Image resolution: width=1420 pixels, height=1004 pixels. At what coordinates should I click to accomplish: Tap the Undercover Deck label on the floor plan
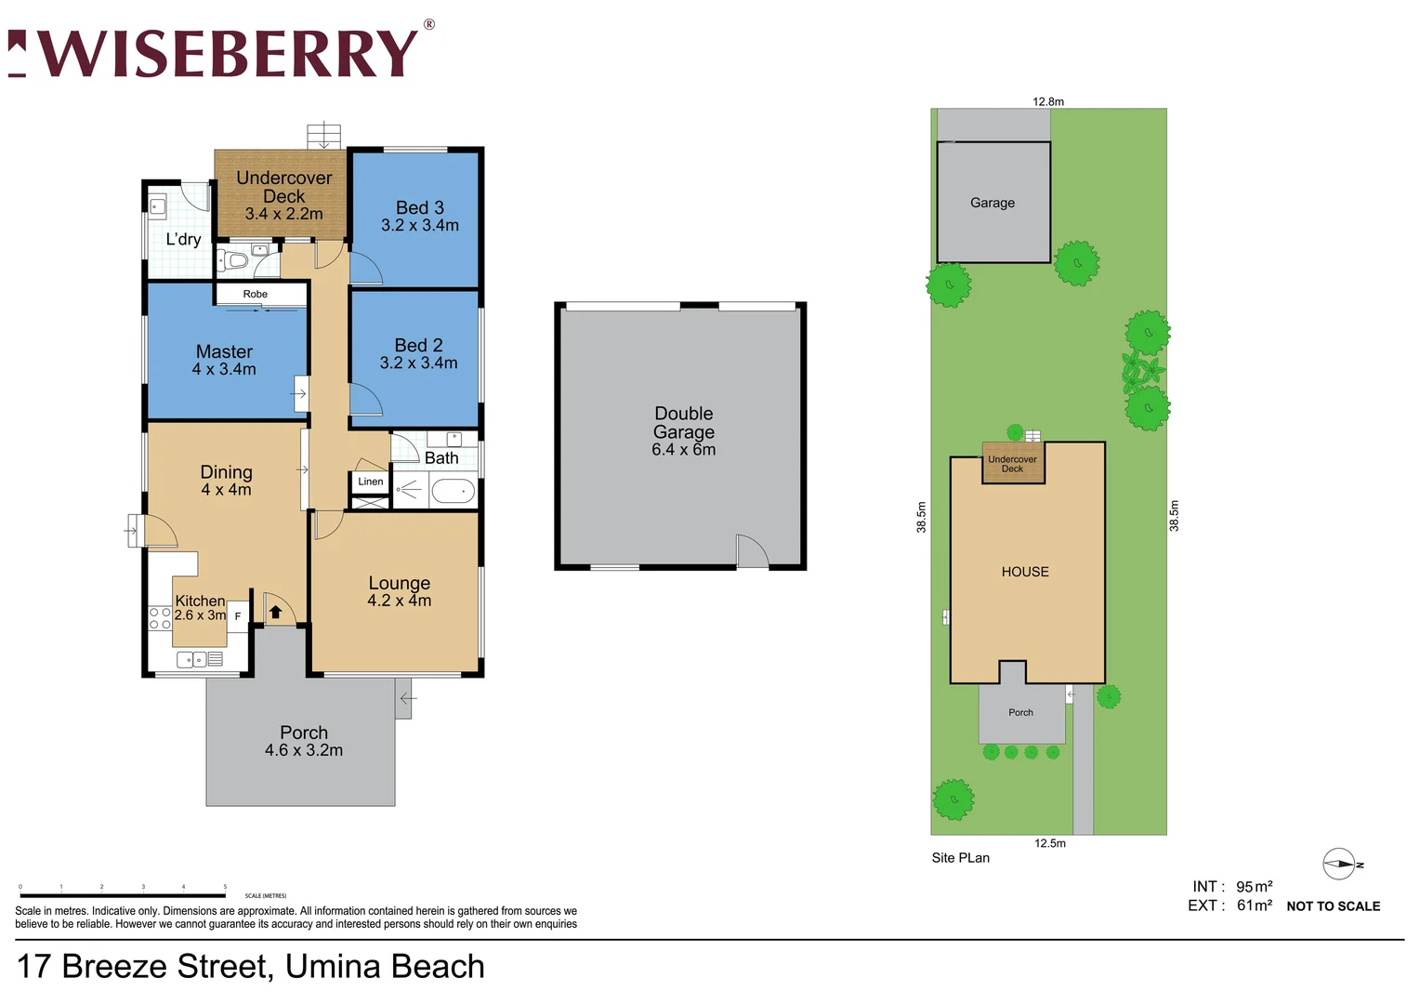pos(283,187)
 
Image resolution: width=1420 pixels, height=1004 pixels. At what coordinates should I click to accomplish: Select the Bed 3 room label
pos(420,207)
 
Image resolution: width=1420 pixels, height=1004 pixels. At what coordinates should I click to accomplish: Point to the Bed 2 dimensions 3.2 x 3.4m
pos(418,363)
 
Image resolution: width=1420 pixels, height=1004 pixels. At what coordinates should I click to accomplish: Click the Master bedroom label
pos(224,351)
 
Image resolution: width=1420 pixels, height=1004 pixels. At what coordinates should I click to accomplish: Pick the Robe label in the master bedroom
pos(256,294)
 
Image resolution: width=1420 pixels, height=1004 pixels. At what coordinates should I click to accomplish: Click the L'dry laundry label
pos(183,239)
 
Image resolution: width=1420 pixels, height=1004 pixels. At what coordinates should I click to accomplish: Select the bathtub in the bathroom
pos(453,491)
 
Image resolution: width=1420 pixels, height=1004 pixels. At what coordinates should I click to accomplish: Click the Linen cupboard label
pos(370,482)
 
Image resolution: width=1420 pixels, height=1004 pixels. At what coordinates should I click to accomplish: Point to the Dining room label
pos(226,472)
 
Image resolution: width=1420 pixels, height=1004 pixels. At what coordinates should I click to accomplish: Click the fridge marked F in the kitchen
pos(238,616)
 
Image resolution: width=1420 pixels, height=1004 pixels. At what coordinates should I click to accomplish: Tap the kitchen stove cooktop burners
pos(160,618)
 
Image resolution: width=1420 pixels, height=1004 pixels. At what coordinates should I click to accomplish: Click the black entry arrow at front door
pos(275,613)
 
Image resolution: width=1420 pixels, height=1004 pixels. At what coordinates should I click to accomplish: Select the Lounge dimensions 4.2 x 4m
pos(400,601)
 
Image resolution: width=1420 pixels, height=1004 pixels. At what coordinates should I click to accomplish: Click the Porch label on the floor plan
pos(304,733)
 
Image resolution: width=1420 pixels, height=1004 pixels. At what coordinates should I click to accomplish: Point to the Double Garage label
pos(684,422)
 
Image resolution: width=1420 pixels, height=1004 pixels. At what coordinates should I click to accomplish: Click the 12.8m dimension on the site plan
pos(1048,101)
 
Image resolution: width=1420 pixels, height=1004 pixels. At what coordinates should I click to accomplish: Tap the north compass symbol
pos(1340,865)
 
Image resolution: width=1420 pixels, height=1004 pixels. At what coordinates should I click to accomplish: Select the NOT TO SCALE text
pos(1333,906)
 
